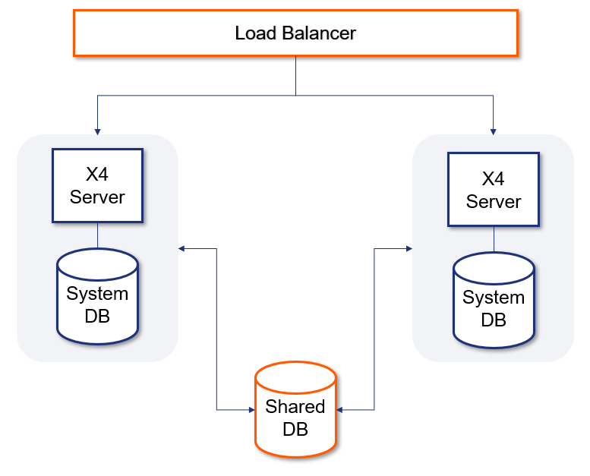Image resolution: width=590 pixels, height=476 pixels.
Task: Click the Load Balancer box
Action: click(295, 33)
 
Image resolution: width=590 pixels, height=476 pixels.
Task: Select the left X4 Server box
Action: click(97, 186)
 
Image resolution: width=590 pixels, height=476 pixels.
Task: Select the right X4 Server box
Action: click(494, 190)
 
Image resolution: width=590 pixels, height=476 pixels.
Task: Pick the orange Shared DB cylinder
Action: click(295, 414)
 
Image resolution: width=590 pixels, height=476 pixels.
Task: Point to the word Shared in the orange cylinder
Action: click(295, 406)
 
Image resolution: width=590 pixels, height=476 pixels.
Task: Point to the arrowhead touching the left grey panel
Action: click(182, 248)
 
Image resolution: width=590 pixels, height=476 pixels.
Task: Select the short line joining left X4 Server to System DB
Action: click(97, 235)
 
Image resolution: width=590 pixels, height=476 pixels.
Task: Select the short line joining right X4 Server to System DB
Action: click(494, 239)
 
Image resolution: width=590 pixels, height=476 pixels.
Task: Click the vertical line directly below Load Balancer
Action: click(295, 76)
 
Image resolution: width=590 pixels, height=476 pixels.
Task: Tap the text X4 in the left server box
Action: click(97, 175)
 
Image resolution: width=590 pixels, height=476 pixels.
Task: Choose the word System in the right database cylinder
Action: click(494, 297)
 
